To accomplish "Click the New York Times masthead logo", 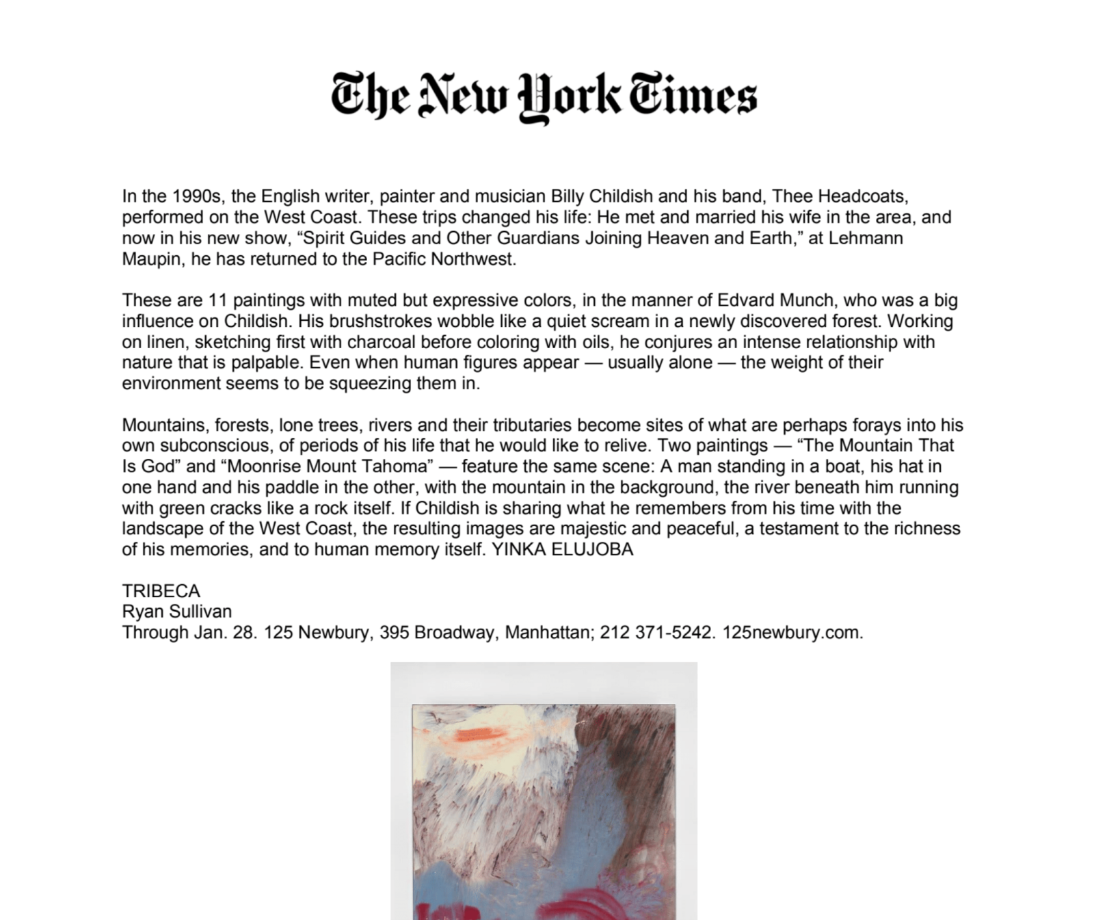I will pos(544,96).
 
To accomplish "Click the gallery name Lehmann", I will pos(868,238).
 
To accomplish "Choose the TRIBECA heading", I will pos(161,591).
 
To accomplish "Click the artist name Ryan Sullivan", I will pos(176,612).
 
